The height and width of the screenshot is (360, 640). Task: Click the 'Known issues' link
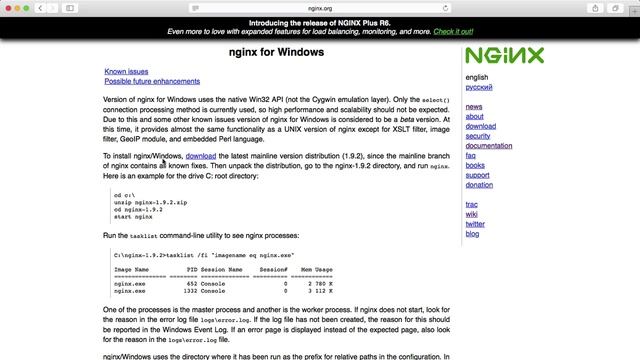tap(126, 72)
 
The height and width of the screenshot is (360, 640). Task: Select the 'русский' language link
tap(479, 87)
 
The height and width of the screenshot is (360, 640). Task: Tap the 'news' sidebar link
tap(474, 107)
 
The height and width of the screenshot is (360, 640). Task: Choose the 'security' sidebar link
tap(479, 136)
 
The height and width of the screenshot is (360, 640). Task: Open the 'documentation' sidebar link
tap(489, 146)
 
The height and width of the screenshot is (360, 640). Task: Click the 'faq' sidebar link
tap(471, 156)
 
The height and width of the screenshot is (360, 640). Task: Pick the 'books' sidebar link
tap(475, 165)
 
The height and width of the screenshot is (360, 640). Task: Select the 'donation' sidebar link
tap(480, 185)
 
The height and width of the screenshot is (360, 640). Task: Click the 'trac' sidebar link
tap(472, 205)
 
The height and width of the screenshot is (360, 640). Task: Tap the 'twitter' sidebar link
tap(475, 224)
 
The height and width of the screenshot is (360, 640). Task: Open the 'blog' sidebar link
tap(473, 234)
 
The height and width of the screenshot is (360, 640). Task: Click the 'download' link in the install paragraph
tap(201, 156)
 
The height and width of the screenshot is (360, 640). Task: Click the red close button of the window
tap(10, 7)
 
